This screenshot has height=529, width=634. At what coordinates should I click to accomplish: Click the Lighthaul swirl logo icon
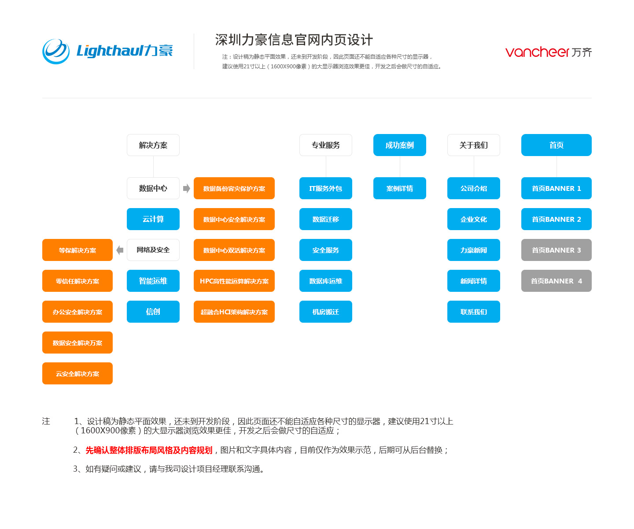[55, 52]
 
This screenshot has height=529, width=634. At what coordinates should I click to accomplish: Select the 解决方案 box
[153, 145]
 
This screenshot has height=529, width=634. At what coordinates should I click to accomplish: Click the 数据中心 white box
[153, 188]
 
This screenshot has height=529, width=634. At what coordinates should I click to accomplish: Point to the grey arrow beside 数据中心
[186, 189]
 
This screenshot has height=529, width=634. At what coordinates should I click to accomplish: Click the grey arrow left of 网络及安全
[120, 250]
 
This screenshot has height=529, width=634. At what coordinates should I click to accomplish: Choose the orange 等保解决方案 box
[77, 250]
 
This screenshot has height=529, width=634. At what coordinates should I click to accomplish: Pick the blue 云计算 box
[153, 219]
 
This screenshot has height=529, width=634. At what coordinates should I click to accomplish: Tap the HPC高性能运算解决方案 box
[234, 281]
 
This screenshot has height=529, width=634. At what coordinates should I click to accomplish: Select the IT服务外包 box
[325, 188]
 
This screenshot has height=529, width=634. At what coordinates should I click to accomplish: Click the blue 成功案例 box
[400, 145]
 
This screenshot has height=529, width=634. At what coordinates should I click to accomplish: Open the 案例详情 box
[400, 188]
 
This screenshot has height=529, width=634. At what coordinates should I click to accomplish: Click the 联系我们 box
[473, 312]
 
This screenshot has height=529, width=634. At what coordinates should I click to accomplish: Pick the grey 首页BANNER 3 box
[556, 250]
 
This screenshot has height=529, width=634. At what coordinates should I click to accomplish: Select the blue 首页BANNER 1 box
[556, 188]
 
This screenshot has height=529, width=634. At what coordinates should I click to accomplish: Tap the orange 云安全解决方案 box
[77, 373]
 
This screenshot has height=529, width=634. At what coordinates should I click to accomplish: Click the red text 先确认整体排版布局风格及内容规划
[149, 450]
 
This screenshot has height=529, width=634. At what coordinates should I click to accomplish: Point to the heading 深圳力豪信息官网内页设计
[294, 40]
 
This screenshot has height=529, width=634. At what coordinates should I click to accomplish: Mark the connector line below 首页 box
[557, 167]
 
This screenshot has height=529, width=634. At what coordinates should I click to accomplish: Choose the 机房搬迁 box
[325, 312]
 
